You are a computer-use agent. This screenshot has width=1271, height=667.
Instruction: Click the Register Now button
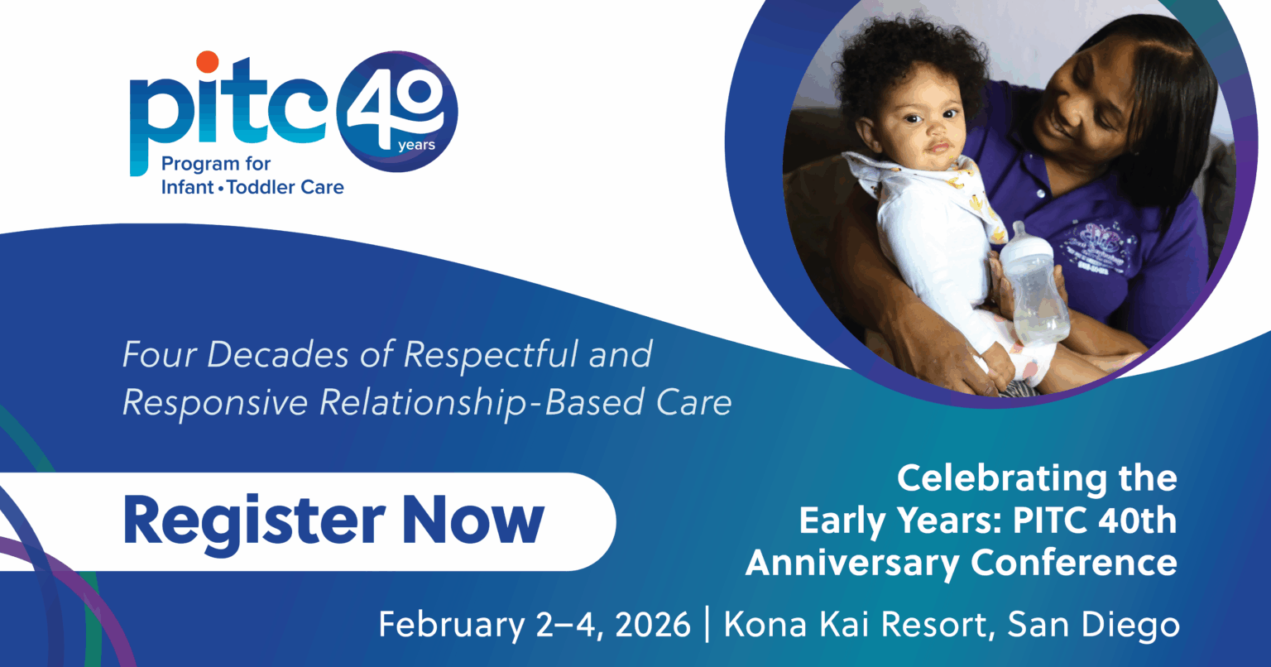click(x=331, y=521)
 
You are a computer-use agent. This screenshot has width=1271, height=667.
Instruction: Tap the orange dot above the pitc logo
click(x=207, y=62)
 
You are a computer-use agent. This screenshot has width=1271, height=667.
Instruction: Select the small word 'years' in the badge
click(x=416, y=146)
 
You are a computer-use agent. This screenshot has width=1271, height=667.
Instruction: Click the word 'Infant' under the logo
click(x=187, y=187)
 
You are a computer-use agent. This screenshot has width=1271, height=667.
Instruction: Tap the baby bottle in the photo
click(x=1033, y=286)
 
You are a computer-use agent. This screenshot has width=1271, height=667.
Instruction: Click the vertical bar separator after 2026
click(x=707, y=624)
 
